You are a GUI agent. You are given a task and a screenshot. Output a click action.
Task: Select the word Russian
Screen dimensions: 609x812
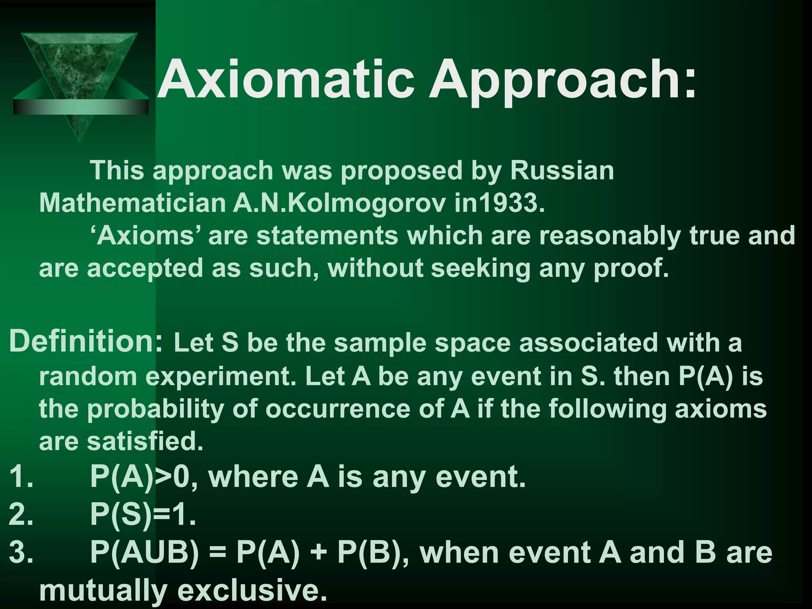(x=561, y=170)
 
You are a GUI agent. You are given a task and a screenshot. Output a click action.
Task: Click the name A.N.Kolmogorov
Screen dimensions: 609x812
(x=339, y=203)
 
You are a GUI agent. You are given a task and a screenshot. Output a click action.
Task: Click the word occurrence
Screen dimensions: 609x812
(x=337, y=409)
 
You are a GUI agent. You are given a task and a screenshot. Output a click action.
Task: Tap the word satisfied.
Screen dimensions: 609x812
(x=145, y=441)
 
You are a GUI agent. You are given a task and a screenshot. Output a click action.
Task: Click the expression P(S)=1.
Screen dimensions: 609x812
(x=143, y=515)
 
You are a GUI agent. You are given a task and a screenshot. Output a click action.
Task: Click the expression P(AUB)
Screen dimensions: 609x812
(x=144, y=553)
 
